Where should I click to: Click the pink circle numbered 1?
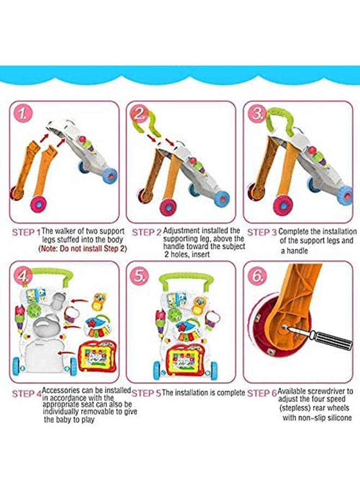coord(22,115)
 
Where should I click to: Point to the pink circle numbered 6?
coord(257,276)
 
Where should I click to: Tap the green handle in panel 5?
coord(185,281)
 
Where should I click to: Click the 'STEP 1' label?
coord(26,232)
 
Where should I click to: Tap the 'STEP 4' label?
coord(26,393)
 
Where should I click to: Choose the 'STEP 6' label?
coord(262,393)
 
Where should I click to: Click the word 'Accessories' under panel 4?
coord(61,391)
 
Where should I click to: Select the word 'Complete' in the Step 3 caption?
coord(293,232)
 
